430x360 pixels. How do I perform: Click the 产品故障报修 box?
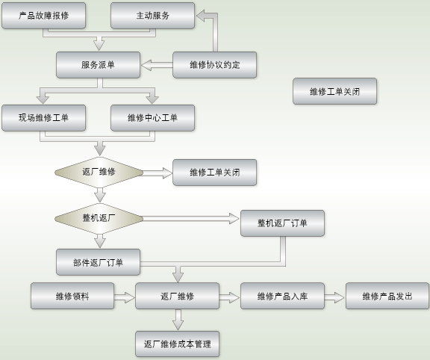point(43,16)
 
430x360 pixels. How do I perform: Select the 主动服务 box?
point(152,16)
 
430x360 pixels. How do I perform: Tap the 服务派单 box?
point(99,65)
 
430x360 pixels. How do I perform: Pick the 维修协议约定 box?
point(215,65)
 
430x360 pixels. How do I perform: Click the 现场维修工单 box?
point(43,118)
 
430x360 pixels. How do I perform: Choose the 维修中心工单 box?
point(152,118)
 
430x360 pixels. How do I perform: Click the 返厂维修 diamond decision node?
point(99,173)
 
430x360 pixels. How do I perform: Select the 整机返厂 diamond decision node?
point(99,219)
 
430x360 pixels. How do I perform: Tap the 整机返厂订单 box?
point(282,223)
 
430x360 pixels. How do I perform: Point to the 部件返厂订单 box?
point(99,262)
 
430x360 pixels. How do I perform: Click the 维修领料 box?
point(72,296)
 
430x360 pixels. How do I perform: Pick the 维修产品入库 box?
point(282,296)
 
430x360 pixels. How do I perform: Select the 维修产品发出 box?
point(387,296)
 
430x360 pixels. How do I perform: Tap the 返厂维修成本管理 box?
point(177,344)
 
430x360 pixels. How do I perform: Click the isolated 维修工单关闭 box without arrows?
point(334,91)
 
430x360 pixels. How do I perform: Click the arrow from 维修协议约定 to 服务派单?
point(157,65)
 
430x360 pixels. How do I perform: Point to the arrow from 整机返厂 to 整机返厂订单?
point(191,219)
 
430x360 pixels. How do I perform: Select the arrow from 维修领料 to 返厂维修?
point(125,297)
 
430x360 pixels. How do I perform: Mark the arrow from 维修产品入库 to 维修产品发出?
point(334,297)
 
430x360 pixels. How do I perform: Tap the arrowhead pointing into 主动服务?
point(201,16)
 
